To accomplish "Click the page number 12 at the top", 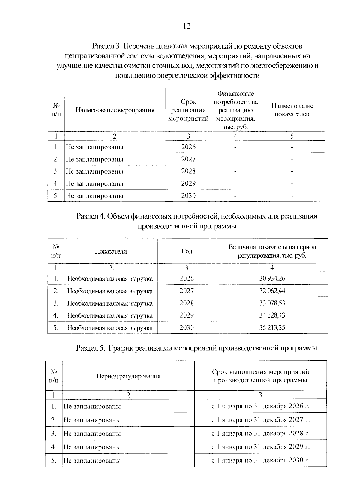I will click(x=186, y=26).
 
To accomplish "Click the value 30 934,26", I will click(x=272, y=278).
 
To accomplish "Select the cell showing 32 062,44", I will click(x=272, y=291).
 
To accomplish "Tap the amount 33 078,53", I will click(x=272, y=303).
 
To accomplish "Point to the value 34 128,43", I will click(x=272, y=315).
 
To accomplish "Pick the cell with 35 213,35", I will click(x=272, y=327).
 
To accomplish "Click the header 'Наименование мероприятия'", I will click(x=115, y=110).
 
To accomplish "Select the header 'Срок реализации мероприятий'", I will click(x=188, y=110).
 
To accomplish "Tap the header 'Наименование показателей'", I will click(x=292, y=110).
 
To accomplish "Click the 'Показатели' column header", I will click(x=111, y=252).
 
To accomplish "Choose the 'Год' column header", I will click(x=187, y=251).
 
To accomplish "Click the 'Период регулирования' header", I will click(x=128, y=376).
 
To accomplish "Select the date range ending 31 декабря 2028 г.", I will click(x=260, y=433).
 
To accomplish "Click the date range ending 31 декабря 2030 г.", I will click(x=260, y=460).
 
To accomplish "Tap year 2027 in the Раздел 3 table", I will click(x=188, y=159).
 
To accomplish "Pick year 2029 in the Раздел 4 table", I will click(x=187, y=315).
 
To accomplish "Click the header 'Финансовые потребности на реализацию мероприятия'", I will click(x=235, y=110).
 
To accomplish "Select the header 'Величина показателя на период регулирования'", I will click(x=272, y=251).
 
